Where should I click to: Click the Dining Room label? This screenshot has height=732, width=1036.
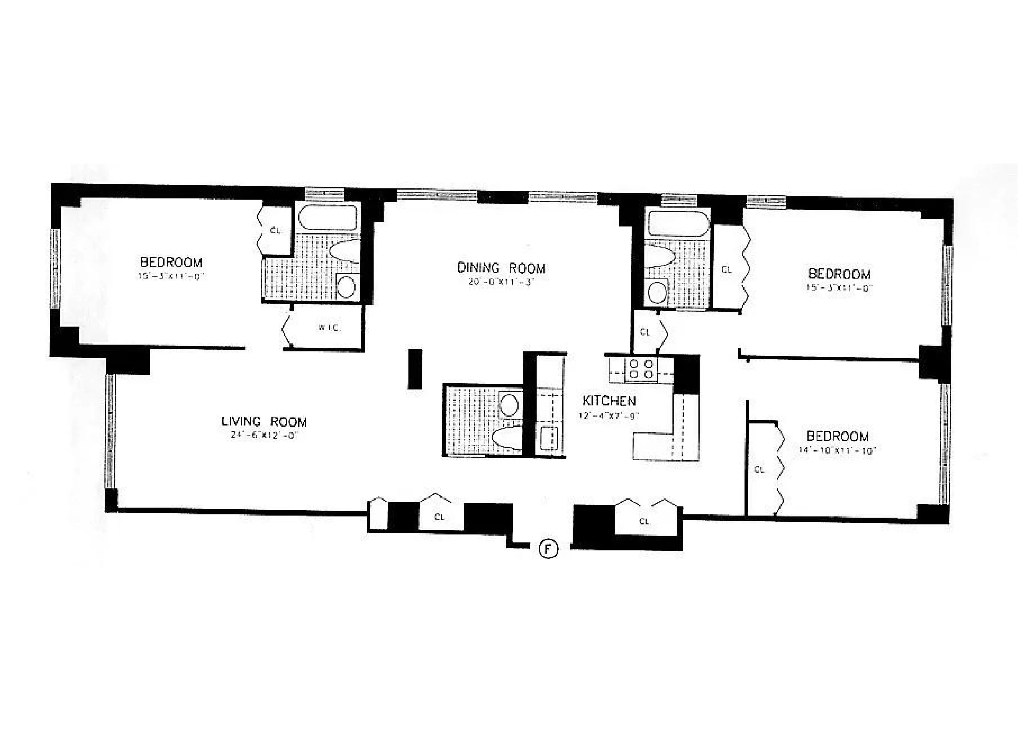[x=501, y=268]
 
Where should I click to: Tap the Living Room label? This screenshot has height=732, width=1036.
[x=264, y=422]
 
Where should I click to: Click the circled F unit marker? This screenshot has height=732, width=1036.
[x=548, y=549]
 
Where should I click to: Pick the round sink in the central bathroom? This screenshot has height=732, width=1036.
[x=509, y=404]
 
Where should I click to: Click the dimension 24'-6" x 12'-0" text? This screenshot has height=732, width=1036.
[x=264, y=436]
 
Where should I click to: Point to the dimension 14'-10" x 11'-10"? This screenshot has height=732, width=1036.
[x=837, y=450]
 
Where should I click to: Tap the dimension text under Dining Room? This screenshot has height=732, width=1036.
[x=501, y=282]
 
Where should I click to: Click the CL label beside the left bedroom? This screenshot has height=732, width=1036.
[x=275, y=231]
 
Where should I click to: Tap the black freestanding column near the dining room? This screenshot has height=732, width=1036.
[x=415, y=369]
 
